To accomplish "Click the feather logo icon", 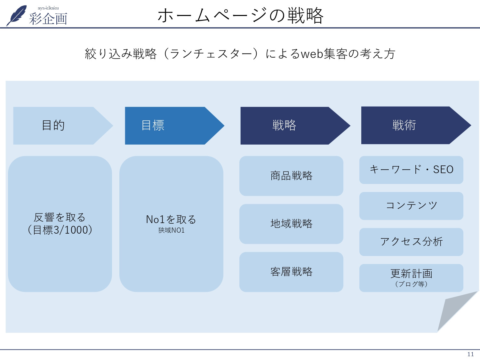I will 17,15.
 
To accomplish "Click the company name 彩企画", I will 48,19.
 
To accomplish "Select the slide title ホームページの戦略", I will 240,15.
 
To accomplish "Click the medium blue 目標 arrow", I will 170,125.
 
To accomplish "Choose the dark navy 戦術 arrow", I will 410,125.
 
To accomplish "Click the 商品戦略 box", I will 291,176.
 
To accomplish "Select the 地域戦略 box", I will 291,224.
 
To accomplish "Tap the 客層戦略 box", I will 291,272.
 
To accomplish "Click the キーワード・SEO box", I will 411,170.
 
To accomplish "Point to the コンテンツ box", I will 411,206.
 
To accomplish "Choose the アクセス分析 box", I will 411,242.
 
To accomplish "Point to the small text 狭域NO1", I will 171,230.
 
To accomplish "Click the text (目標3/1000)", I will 60,230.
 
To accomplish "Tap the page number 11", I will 470,354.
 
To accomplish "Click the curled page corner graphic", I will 454,309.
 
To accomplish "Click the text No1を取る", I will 171,220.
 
